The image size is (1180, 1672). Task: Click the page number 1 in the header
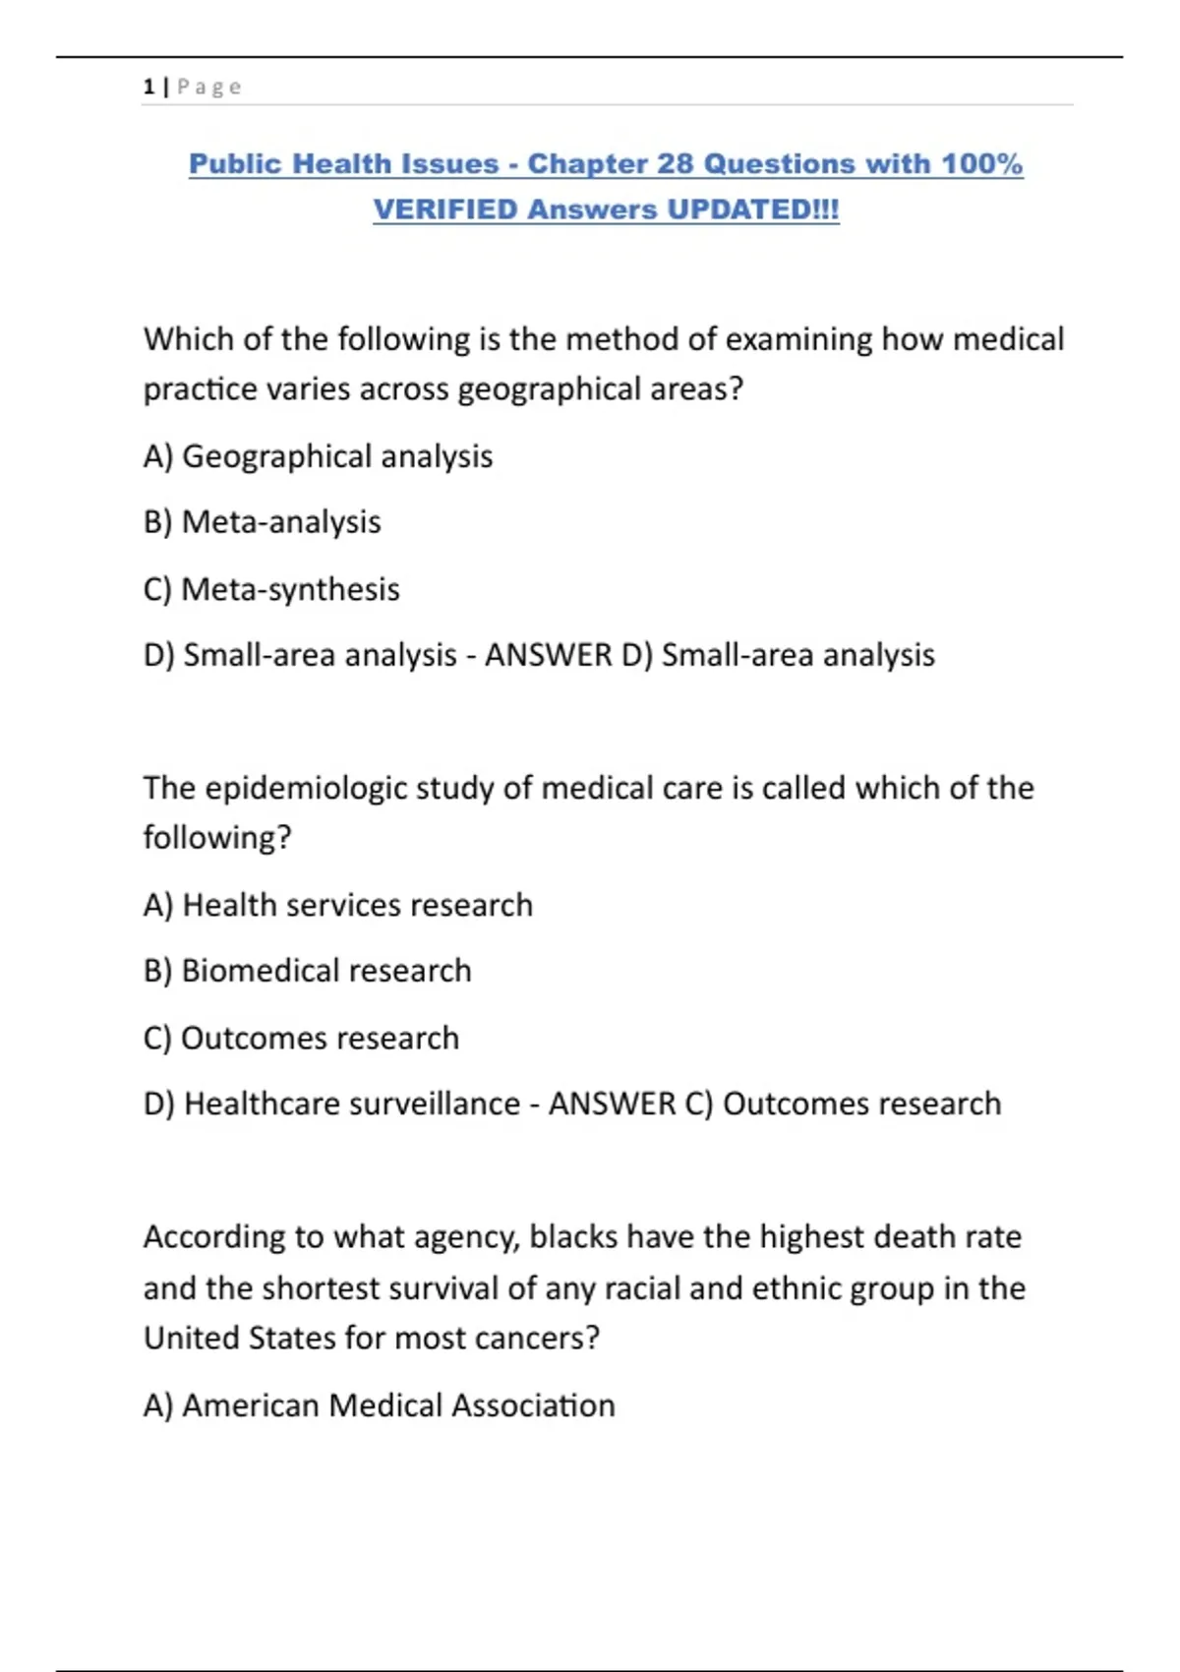(148, 87)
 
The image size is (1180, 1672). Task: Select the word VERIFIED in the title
(445, 209)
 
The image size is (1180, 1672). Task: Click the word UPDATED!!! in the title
(753, 209)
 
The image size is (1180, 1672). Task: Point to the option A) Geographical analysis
(318, 456)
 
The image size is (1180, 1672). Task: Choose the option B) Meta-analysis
(262, 522)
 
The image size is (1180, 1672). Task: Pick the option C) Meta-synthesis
(271, 589)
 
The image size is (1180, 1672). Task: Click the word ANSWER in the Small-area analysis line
(548, 655)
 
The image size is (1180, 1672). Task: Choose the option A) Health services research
(337, 905)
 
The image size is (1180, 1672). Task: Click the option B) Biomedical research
(307, 971)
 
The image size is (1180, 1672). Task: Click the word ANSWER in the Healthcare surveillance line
(612, 1104)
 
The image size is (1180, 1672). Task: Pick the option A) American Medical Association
(379, 1405)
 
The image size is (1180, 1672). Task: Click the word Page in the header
(208, 87)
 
